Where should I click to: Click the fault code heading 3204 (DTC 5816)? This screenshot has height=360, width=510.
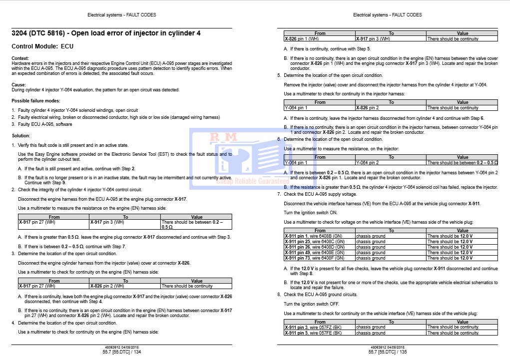106,33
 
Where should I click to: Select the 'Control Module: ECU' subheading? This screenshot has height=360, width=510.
42,46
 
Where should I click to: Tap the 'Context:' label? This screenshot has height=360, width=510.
20,59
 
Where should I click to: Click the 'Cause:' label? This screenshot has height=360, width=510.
18,85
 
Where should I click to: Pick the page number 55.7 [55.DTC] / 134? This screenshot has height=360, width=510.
122,352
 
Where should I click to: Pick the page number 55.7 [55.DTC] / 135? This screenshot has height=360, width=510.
388,352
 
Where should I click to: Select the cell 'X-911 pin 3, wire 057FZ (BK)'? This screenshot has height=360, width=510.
313,328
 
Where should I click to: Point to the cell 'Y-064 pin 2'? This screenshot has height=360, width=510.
367,163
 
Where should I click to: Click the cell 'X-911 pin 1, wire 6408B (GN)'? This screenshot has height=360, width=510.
313,236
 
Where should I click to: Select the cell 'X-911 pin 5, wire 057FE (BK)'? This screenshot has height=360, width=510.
313,333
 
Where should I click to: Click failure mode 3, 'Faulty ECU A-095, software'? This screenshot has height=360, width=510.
44,124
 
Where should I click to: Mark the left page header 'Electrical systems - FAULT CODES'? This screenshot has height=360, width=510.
122,15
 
